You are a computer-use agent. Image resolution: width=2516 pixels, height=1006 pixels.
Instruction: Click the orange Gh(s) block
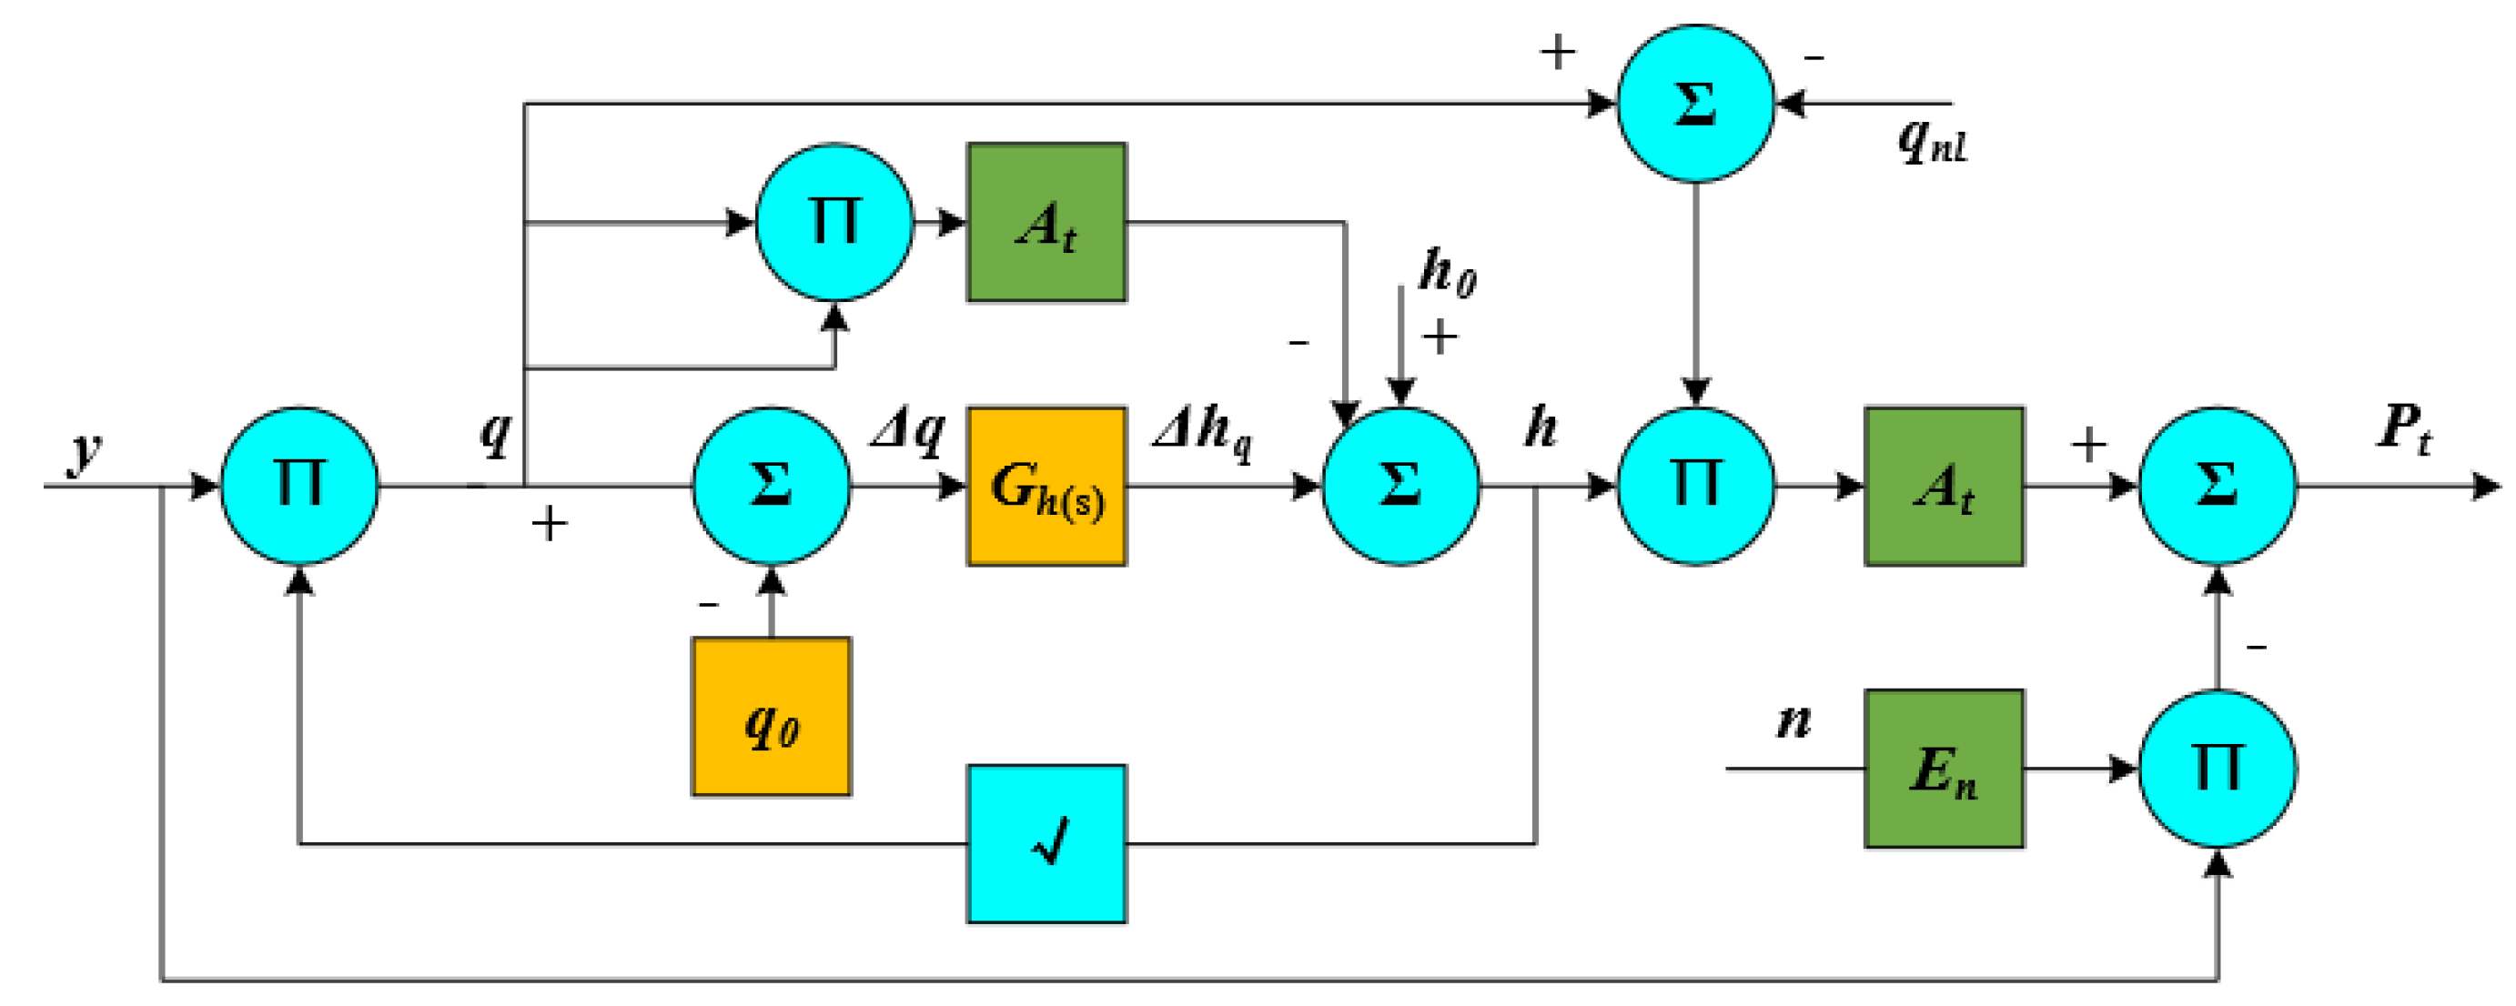(1046, 486)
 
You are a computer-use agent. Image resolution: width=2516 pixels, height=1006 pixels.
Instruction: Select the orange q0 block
(771, 716)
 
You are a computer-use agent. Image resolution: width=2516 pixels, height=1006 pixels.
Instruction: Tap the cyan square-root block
(1046, 843)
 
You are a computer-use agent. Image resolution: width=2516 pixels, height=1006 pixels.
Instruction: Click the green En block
(1943, 769)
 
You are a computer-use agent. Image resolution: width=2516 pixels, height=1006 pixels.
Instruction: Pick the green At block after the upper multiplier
(1046, 223)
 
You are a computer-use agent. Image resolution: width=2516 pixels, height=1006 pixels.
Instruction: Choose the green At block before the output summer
(1943, 486)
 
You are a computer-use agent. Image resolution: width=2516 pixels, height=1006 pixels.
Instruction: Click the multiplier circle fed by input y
(298, 486)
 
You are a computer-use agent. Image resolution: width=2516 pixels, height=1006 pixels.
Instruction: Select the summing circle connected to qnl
(1695, 103)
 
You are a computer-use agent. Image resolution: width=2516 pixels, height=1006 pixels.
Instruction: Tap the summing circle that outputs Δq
(771, 486)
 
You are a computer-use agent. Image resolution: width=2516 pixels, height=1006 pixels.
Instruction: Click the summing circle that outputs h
(1400, 486)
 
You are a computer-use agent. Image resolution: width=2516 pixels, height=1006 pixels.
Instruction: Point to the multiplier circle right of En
(2218, 769)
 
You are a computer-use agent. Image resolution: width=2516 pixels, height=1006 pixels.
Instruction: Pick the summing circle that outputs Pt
(2218, 486)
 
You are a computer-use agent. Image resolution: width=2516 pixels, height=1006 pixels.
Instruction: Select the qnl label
(1931, 142)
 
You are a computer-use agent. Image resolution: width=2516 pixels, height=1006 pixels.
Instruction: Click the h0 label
(1448, 272)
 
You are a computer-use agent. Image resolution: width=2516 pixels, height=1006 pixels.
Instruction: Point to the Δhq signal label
(1202, 429)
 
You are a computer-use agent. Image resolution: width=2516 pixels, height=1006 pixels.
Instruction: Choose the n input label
(1794, 720)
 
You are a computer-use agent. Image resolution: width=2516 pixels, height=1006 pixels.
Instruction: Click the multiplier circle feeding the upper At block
(834, 223)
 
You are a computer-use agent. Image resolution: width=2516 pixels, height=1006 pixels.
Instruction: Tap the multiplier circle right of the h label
(1695, 486)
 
